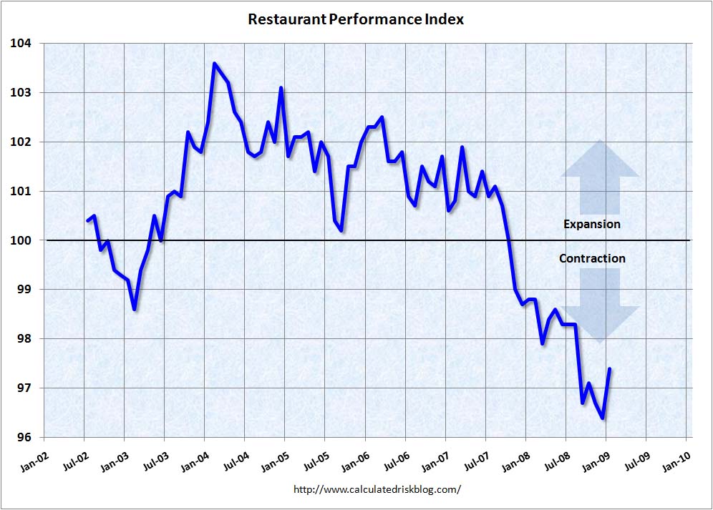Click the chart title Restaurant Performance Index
tap(356, 19)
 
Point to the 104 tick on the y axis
tap(21, 44)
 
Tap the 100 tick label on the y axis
tap(21, 240)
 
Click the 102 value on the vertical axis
tap(21, 142)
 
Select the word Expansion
tap(591, 224)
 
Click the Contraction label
tap(591, 258)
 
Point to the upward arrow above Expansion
tap(599, 177)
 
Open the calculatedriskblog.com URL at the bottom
tap(377, 490)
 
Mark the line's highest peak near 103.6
tap(214, 63)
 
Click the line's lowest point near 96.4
tap(603, 418)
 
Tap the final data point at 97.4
tap(609, 368)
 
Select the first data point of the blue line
tap(87, 220)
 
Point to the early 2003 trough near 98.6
tap(135, 309)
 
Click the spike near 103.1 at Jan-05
tap(281, 88)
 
